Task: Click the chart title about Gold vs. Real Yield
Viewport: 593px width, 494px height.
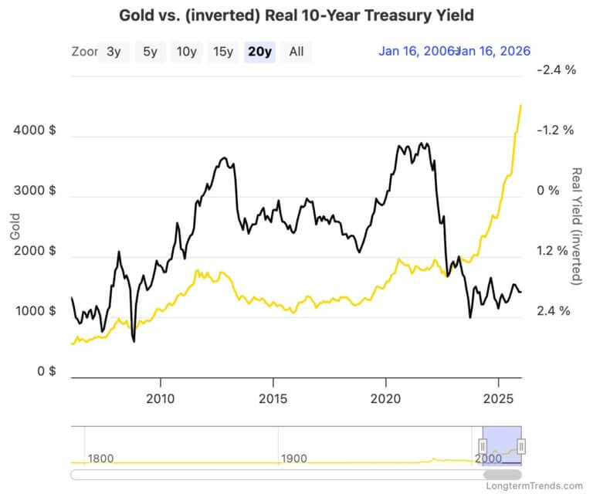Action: (296, 15)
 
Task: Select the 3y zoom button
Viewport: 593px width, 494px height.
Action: (114, 52)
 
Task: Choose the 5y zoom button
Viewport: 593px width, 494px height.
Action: (150, 52)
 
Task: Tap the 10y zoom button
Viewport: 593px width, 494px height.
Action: (186, 52)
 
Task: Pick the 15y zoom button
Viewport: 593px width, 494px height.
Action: (223, 52)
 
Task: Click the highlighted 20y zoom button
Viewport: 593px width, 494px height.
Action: (259, 52)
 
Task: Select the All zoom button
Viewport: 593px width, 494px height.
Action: (296, 52)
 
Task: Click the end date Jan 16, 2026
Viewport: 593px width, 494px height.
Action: (493, 52)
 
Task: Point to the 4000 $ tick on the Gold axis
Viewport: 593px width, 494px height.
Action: (35, 130)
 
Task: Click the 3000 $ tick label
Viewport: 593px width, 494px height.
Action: (35, 191)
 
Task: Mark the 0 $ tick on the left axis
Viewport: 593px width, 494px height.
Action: (46, 371)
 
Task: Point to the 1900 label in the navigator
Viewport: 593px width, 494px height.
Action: (294, 458)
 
